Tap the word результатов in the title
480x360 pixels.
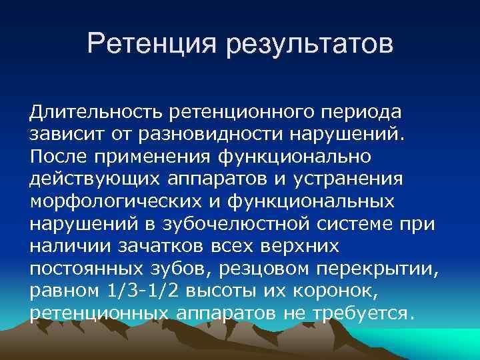point(311,46)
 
